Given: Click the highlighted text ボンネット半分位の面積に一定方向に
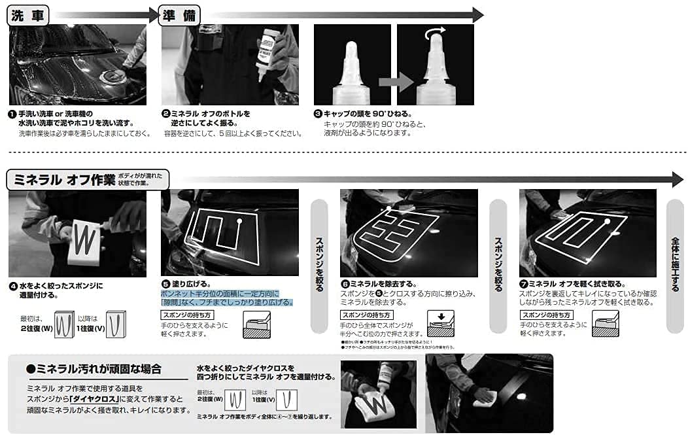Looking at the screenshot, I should [x=220, y=294].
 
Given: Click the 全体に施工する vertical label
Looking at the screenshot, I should [x=676, y=265].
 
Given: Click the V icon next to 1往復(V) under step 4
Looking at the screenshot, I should [x=114, y=324].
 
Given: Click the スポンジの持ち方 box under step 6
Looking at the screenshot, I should [x=364, y=315].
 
